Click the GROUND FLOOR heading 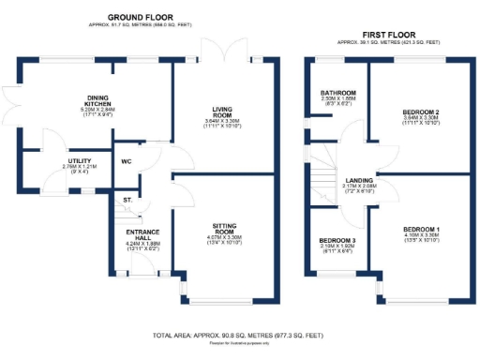point(144,17)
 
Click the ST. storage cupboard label point(127,199)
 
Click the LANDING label point(359,181)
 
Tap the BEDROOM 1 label point(413,230)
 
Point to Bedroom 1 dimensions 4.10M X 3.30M point(413,237)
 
